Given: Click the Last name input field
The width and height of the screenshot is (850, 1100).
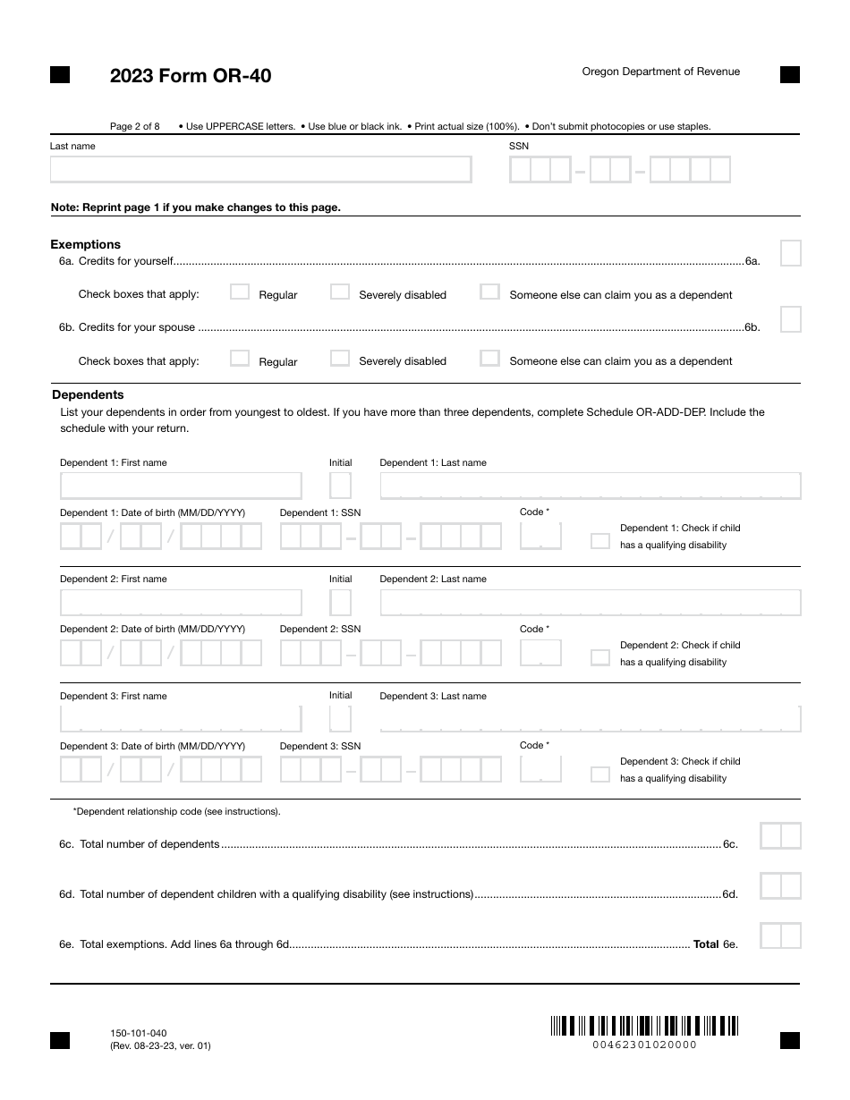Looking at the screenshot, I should pos(260,170).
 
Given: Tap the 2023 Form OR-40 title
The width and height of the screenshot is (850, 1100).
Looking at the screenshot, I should pos(191,76).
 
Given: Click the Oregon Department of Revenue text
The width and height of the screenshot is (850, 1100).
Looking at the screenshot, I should pos(661,72).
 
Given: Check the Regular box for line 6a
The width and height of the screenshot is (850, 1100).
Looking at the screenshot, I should pos(240,292).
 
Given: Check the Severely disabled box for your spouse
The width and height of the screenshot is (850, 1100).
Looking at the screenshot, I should pos(340,359).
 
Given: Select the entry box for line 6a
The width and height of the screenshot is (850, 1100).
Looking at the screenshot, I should pos(790,254).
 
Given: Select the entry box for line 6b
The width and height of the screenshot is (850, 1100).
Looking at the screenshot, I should pos(790,320).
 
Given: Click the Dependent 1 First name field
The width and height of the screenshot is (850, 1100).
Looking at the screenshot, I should pos(181,486).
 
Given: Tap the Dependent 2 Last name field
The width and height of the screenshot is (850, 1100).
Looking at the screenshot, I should pos(590,603).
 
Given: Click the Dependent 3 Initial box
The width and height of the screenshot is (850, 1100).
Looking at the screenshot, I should pos(340,719).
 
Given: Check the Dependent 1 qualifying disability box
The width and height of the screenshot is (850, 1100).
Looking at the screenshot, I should pos(600,541).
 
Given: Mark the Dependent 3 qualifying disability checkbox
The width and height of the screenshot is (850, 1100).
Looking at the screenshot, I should pos(600,774).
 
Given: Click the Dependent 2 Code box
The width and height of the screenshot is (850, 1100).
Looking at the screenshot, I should pos(540,653).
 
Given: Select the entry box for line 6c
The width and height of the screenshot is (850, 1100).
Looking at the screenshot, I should pos(780,836).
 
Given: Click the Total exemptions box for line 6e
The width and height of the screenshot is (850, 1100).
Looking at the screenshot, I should pos(780,936).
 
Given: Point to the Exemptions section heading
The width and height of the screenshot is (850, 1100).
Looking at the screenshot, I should pos(86,244).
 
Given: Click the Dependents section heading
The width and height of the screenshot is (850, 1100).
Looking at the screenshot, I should pos(88,394).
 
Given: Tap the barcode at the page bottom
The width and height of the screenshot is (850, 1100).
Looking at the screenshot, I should pos(644,1026).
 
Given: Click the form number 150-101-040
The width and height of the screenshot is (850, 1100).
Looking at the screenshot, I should pos(138,1033).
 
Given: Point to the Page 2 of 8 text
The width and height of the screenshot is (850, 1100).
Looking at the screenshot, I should pos(135,126).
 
